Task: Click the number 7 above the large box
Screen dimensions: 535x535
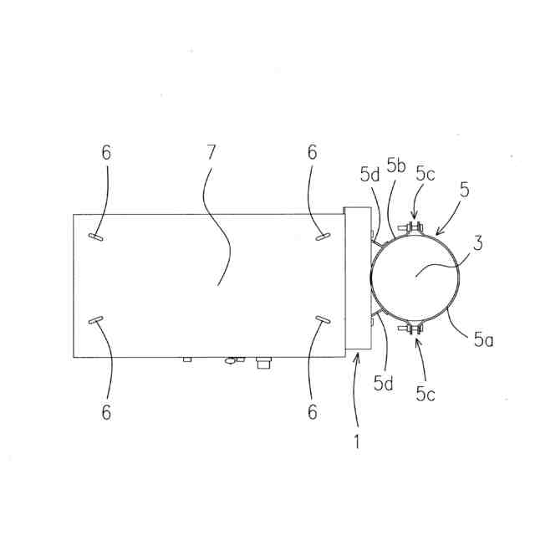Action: pos(211,153)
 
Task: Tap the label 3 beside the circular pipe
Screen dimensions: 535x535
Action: pos(477,245)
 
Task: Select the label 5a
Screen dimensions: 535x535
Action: pos(482,339)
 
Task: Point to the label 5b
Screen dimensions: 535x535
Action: pos(396,166)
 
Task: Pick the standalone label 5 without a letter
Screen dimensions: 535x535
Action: pos(464,189)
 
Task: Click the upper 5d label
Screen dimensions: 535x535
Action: pos(370,176)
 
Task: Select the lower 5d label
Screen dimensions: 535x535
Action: pos(385,384)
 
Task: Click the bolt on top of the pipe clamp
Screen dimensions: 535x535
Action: pos(414,227)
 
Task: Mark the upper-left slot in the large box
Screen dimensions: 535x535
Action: pos(97,237)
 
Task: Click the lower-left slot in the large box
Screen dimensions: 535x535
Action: pos(97,319)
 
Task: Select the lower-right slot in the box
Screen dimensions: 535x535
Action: pos(324,319)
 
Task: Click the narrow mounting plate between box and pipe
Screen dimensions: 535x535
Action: pos(358,278)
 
